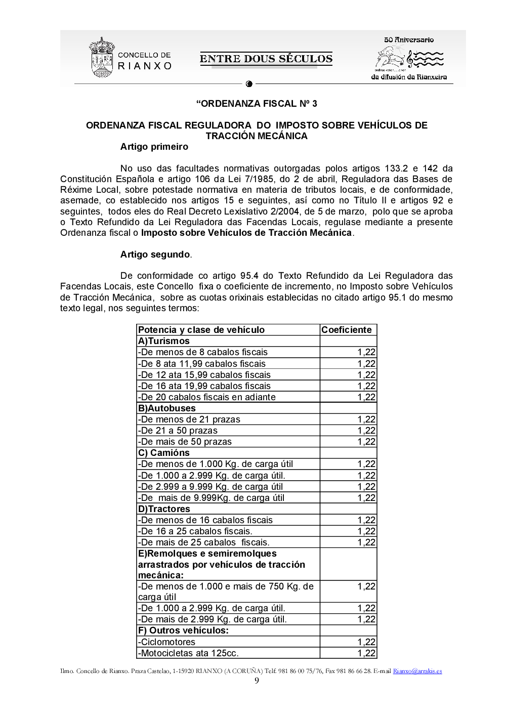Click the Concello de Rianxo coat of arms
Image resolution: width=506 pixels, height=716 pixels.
(102, 58)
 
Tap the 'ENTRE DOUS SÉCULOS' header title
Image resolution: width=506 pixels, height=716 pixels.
(266, 59)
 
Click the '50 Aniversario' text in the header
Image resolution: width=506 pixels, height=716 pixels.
(408, 39)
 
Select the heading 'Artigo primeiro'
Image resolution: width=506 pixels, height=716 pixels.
(154, 147)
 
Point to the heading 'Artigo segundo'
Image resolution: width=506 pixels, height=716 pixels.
(155, 255)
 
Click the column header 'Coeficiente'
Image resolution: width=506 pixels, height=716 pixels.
(347, 330)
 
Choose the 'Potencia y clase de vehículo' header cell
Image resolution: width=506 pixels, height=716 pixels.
(201, 330)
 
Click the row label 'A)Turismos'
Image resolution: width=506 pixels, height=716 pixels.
(164, 341)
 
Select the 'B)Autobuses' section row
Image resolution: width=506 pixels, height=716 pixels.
(167, 408)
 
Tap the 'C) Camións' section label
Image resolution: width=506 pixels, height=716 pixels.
(164, 453)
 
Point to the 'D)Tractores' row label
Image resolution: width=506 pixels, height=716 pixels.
(164, 509)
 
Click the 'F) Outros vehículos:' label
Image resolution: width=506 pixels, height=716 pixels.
(183, 630)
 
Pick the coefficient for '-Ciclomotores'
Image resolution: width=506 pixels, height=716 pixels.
(366, 642)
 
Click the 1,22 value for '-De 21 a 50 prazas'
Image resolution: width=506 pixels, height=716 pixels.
(366, 431)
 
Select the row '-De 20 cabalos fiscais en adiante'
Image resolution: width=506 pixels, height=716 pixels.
(207, 397)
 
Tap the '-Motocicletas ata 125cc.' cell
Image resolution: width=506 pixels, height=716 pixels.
(188, 653)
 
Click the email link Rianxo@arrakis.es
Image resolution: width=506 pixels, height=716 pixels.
(417, 671)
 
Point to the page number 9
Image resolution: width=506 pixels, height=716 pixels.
(257, 681)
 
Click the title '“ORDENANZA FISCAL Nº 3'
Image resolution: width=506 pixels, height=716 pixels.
(257, 104)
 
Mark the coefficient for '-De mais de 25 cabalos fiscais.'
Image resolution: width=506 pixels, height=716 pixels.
(366, 542)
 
